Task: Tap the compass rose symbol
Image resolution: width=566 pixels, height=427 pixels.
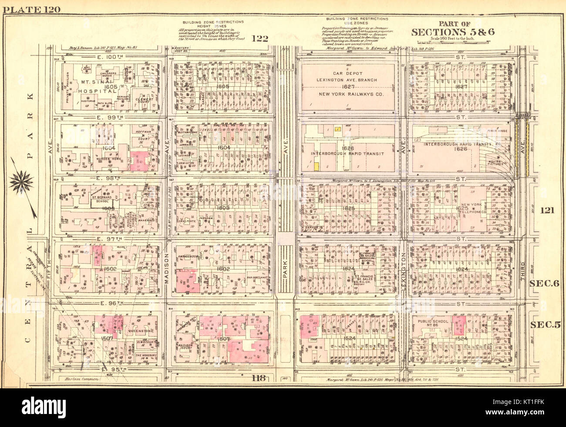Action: pyautogui.click(x=22, y=182)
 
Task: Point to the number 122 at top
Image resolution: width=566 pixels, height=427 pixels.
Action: pyautogui.click(x=259, y=39)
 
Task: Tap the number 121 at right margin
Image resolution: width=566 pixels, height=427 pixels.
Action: pyautogui.click(x=546, y=210)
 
